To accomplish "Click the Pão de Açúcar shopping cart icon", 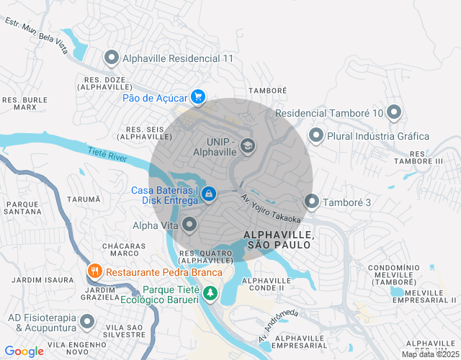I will click(x=197, y=96).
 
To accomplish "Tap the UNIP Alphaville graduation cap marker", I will click(x=248, y=146).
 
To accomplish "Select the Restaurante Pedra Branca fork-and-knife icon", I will click(x=94, y=271).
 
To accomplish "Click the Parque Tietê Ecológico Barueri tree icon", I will click(x=210, y=293).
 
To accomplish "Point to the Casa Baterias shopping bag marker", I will click(x=207, y=194).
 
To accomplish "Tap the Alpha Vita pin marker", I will click(x=189, y=225).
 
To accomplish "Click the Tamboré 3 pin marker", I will click(x=311, y=202).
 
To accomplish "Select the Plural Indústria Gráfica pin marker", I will click(x=315, y=135).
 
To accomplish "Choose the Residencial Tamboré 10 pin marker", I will click(x=393, y=112).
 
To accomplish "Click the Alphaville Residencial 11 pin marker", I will click(x=112, y=57).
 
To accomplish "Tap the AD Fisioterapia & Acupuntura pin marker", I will click(x=87, y=322).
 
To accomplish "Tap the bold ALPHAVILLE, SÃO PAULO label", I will click(x=278, y=240).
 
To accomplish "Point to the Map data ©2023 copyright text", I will click(x=429, y=354).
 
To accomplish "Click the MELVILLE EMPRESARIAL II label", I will click(x=431, y=296).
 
